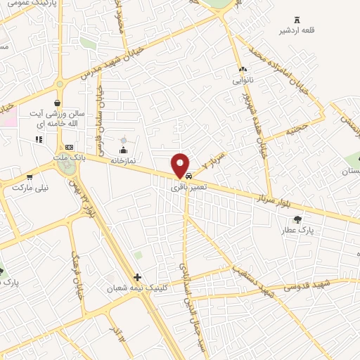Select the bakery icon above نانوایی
click(243, 70)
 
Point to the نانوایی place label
click(243, 80)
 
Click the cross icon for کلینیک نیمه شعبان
click(137, 278)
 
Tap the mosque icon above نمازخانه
click(124, 150)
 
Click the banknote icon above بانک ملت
click(69, 147)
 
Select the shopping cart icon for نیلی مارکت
click(30, 177)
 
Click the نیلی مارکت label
click(30, 188)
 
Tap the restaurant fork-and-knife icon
click(38, 139)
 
